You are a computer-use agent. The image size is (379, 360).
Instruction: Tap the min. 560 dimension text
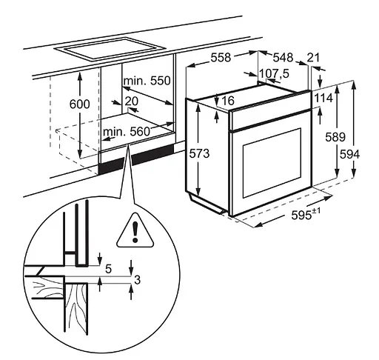[127, 132]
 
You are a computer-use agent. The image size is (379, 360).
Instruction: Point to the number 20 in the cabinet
[131, 101]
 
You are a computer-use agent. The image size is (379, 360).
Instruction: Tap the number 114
[322, 98]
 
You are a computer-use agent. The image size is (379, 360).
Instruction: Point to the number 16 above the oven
[227, 100]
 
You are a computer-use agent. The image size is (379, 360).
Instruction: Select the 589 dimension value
[335, 136]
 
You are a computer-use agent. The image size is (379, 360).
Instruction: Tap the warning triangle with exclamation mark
[134, 230]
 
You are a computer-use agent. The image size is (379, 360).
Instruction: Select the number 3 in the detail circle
[137, 279]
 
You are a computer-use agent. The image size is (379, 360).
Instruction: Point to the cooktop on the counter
[111, 50]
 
